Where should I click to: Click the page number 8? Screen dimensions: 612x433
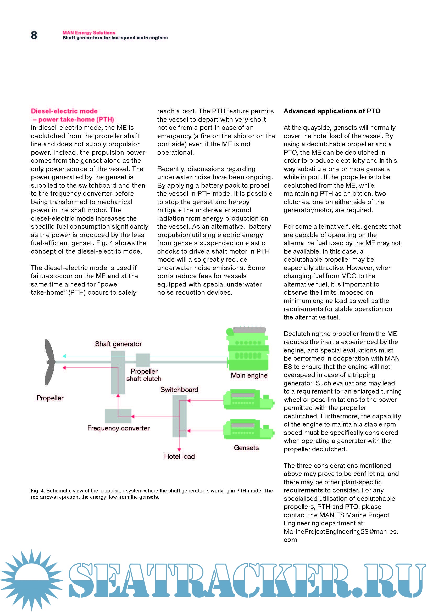tap(34, 35)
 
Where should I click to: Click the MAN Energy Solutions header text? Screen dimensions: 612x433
tap(89, 32)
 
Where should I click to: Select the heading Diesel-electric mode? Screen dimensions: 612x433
tap(64, 111)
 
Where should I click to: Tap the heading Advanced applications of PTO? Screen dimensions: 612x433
tap(332, 111)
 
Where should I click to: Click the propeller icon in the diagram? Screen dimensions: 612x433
tap(49, 362)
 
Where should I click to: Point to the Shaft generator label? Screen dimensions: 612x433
tap(118, 344)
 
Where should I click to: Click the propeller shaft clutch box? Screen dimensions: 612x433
tap(143, 360)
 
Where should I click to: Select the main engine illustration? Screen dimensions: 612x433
tap(248, 349)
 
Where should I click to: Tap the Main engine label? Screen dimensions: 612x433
tap(249, 375)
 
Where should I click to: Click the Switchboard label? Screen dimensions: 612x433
tap(179, 390)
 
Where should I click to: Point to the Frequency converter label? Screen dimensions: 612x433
tap(118, 428)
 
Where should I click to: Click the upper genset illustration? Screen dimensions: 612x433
tap(248, 400)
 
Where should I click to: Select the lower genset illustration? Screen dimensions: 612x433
tap(248, 429)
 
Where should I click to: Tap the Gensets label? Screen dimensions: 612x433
tap(246, 448)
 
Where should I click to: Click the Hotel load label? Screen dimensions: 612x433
tap(179, 456)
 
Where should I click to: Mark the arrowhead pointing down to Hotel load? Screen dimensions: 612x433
tap(179, 450)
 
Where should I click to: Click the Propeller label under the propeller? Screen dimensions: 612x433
tap(50, 398)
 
